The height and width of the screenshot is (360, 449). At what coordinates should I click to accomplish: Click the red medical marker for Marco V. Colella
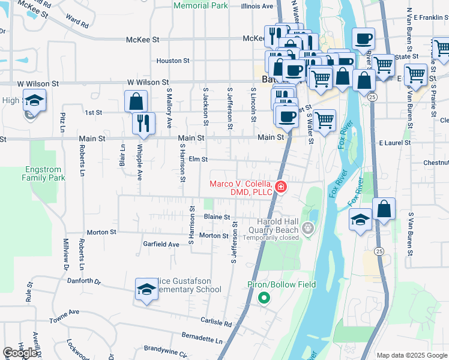280,187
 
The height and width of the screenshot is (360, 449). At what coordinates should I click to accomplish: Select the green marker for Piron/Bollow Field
263,297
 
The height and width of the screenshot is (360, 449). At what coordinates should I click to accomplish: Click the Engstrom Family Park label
43,173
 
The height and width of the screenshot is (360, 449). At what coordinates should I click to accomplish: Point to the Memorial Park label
200,5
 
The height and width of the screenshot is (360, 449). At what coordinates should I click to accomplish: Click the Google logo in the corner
20,353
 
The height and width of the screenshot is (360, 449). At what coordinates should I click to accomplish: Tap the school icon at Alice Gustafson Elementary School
146,290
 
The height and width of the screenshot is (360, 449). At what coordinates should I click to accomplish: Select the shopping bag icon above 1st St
136,100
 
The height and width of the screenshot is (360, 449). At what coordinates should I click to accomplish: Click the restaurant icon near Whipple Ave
143,123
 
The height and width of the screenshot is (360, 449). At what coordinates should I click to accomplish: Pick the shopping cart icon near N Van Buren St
415,74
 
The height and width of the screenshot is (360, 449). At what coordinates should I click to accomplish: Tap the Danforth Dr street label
83,281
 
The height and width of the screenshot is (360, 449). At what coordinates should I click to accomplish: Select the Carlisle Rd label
216,323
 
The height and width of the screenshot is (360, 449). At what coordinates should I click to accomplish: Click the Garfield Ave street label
161,244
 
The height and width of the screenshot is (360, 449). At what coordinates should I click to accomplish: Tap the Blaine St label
217,217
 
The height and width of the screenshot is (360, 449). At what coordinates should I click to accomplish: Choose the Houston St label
173,61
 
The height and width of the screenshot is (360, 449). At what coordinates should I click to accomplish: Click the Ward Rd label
78,25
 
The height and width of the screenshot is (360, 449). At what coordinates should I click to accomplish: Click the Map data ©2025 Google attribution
411,355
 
